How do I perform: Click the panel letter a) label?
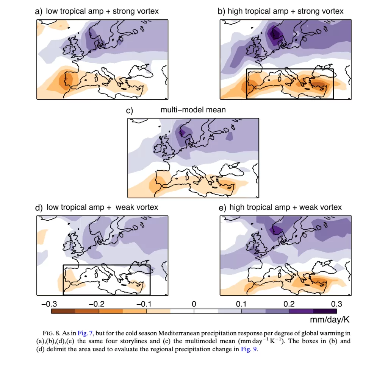click(39, 11)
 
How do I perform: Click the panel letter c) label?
click(130, 111)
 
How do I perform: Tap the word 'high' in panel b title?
click(235, 11)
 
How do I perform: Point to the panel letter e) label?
click(222, 208)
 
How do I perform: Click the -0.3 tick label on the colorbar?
click(49, 304)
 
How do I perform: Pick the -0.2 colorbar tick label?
click(96, 304)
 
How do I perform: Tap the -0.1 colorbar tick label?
click(144, 304)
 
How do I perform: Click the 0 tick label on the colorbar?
click(194, 304)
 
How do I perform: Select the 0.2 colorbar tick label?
click(289, 304)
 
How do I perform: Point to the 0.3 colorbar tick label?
click(336, 304)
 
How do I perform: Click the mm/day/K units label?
click(329, 320)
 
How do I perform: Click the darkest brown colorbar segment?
click(63, 311)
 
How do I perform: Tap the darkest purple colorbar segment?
click(324, 311)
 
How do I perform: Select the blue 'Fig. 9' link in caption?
click(249, 349)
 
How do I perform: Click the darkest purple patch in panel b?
click(273, 33)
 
